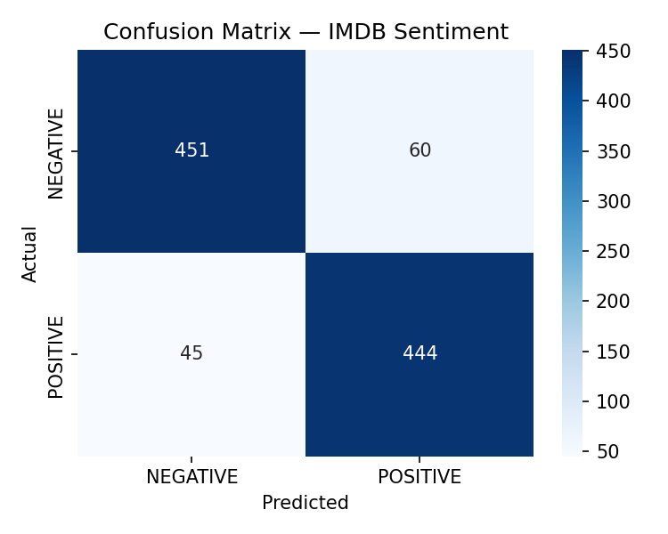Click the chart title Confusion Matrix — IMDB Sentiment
tap(305, 32)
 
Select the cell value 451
tap(191, 150)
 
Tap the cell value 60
tap(420, 150)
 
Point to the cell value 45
tap(191, 353)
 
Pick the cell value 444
tap(420, 353)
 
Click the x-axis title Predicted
tap(305, 503)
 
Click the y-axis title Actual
tap(30, 254)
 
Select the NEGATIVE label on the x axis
tap(191, 477)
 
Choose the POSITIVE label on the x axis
tap(420, 477)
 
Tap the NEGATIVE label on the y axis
tap(56, 152)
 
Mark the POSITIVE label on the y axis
tap(56, 356)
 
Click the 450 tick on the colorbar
tap(614, 52)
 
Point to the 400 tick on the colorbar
tap(614, 101)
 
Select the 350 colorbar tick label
tap(614, 151)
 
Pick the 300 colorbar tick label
tap(614, 201)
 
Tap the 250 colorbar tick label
tap(614, 251)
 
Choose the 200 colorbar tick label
tap(614, 301)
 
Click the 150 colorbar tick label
tap(614, 352)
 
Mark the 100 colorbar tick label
tap(614, 401)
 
